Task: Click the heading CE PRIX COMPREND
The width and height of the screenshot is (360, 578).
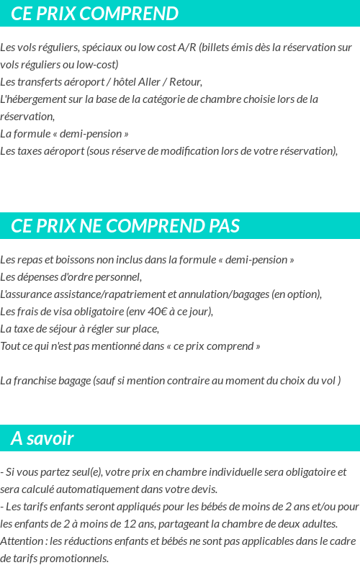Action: point(94,14)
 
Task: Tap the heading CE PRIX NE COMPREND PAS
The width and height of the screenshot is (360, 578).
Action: point(125,226)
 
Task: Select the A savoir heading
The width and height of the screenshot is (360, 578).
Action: point(42,438)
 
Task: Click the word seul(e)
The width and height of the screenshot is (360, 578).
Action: point(84,472)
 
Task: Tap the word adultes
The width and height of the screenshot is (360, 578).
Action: point(317,524)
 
